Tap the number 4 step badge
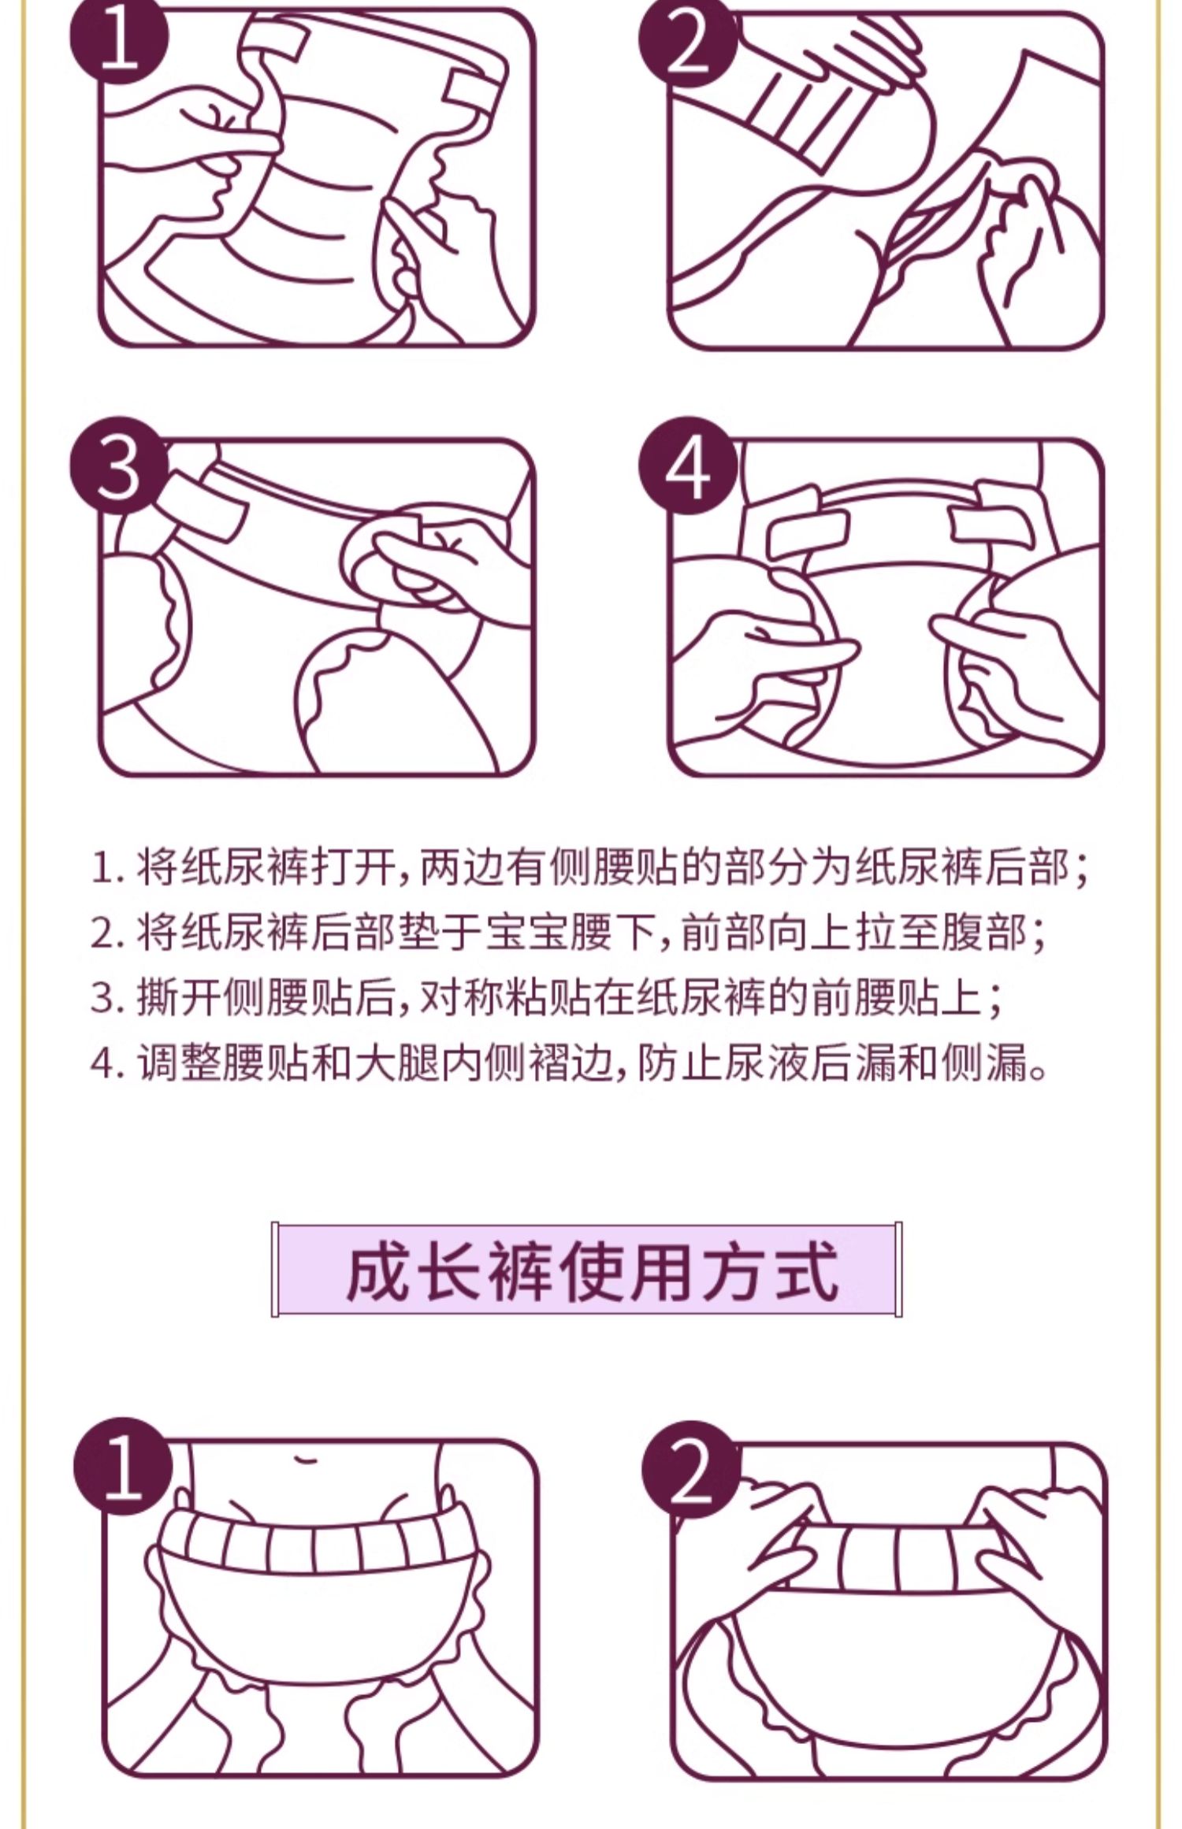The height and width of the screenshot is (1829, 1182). [687, 466]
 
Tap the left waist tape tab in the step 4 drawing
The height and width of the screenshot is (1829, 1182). [807, 529]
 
